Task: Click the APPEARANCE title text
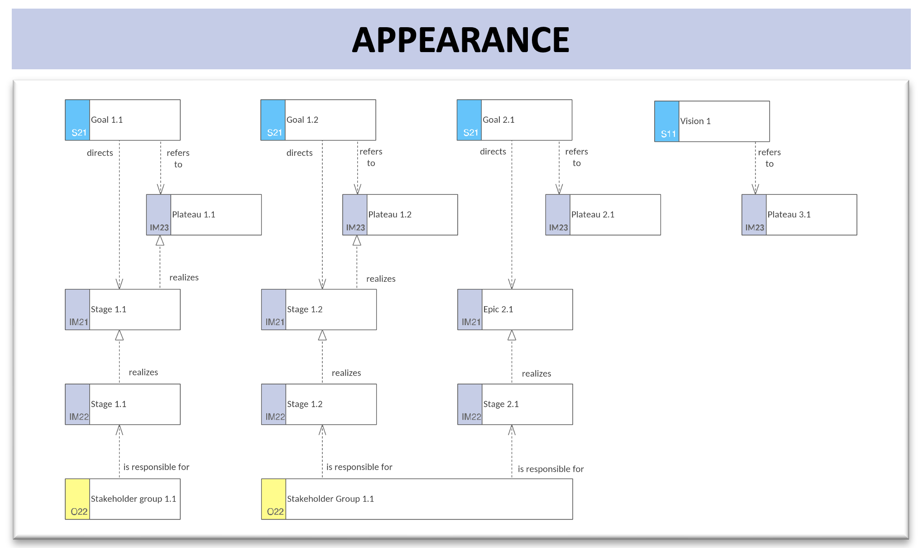460,40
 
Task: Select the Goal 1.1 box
123,120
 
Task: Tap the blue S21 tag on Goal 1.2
273,120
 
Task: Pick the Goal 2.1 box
514,120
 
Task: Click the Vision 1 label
695,121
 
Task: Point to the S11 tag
667,121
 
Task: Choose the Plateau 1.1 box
204,215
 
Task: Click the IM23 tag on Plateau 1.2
355,215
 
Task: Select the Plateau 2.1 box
603,215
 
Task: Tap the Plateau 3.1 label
789,215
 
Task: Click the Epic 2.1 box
515,310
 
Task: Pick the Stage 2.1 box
515,404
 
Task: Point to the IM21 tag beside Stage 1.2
273,310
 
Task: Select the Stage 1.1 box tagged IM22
123,404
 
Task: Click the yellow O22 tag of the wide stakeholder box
273,499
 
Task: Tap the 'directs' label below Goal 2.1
493,152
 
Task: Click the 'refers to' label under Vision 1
770,158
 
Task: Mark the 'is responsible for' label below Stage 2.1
551,469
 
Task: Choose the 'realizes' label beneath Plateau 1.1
184,278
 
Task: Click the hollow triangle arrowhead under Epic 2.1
512,335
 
